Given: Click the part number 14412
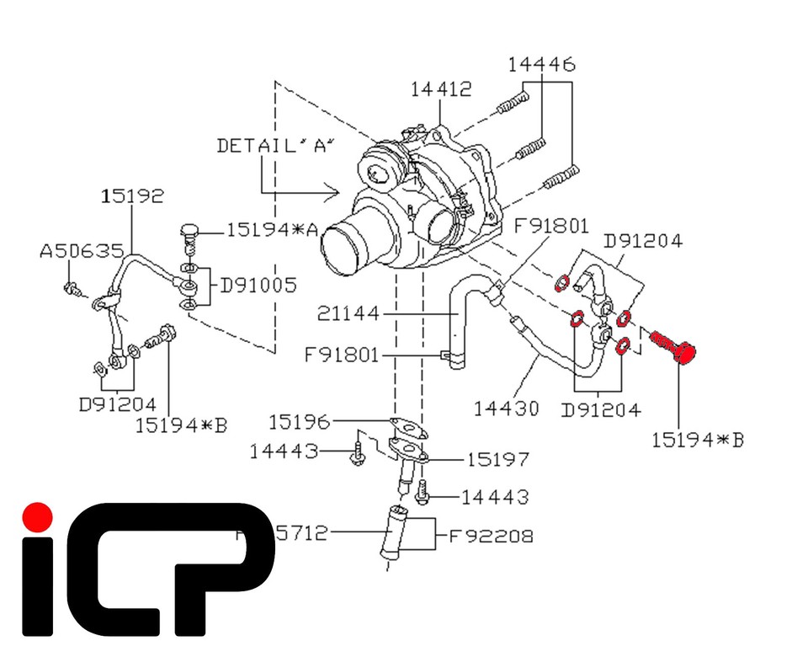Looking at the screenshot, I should [442, 88].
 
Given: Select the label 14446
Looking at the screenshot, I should [543, 64].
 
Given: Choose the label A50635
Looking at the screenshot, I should [82, 251].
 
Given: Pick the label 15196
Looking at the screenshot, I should [300, 419].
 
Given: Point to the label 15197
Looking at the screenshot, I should [499, 459].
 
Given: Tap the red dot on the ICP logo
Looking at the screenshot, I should [36, 515].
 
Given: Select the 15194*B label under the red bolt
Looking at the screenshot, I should [698, 439].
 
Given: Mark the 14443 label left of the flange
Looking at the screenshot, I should [283, 452].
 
